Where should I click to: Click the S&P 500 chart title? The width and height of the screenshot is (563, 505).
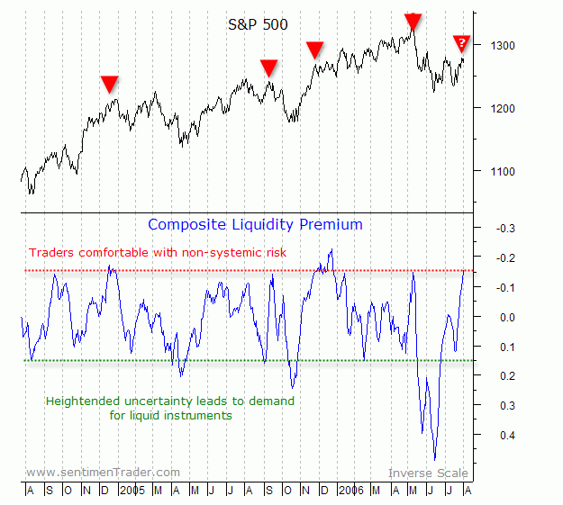258,24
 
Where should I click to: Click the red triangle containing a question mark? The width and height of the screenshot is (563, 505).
461,43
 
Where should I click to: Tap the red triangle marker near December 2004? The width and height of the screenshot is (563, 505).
109,84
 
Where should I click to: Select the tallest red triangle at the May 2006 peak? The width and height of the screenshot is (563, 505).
413,22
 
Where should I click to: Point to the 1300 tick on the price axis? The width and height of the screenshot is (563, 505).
503,45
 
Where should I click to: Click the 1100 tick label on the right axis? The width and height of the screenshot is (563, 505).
503,171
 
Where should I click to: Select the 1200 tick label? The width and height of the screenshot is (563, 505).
503,108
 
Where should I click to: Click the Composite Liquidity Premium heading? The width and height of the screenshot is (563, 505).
255,224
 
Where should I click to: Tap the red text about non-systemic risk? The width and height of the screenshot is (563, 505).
158,253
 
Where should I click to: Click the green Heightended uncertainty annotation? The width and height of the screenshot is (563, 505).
169,408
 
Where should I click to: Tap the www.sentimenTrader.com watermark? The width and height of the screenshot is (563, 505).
103,472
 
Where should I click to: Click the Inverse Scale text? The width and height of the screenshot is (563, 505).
428,473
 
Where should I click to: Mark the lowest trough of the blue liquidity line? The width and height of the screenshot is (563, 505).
435,459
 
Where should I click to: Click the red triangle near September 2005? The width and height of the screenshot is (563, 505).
268,68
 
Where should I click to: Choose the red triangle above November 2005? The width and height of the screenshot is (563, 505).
314,50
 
